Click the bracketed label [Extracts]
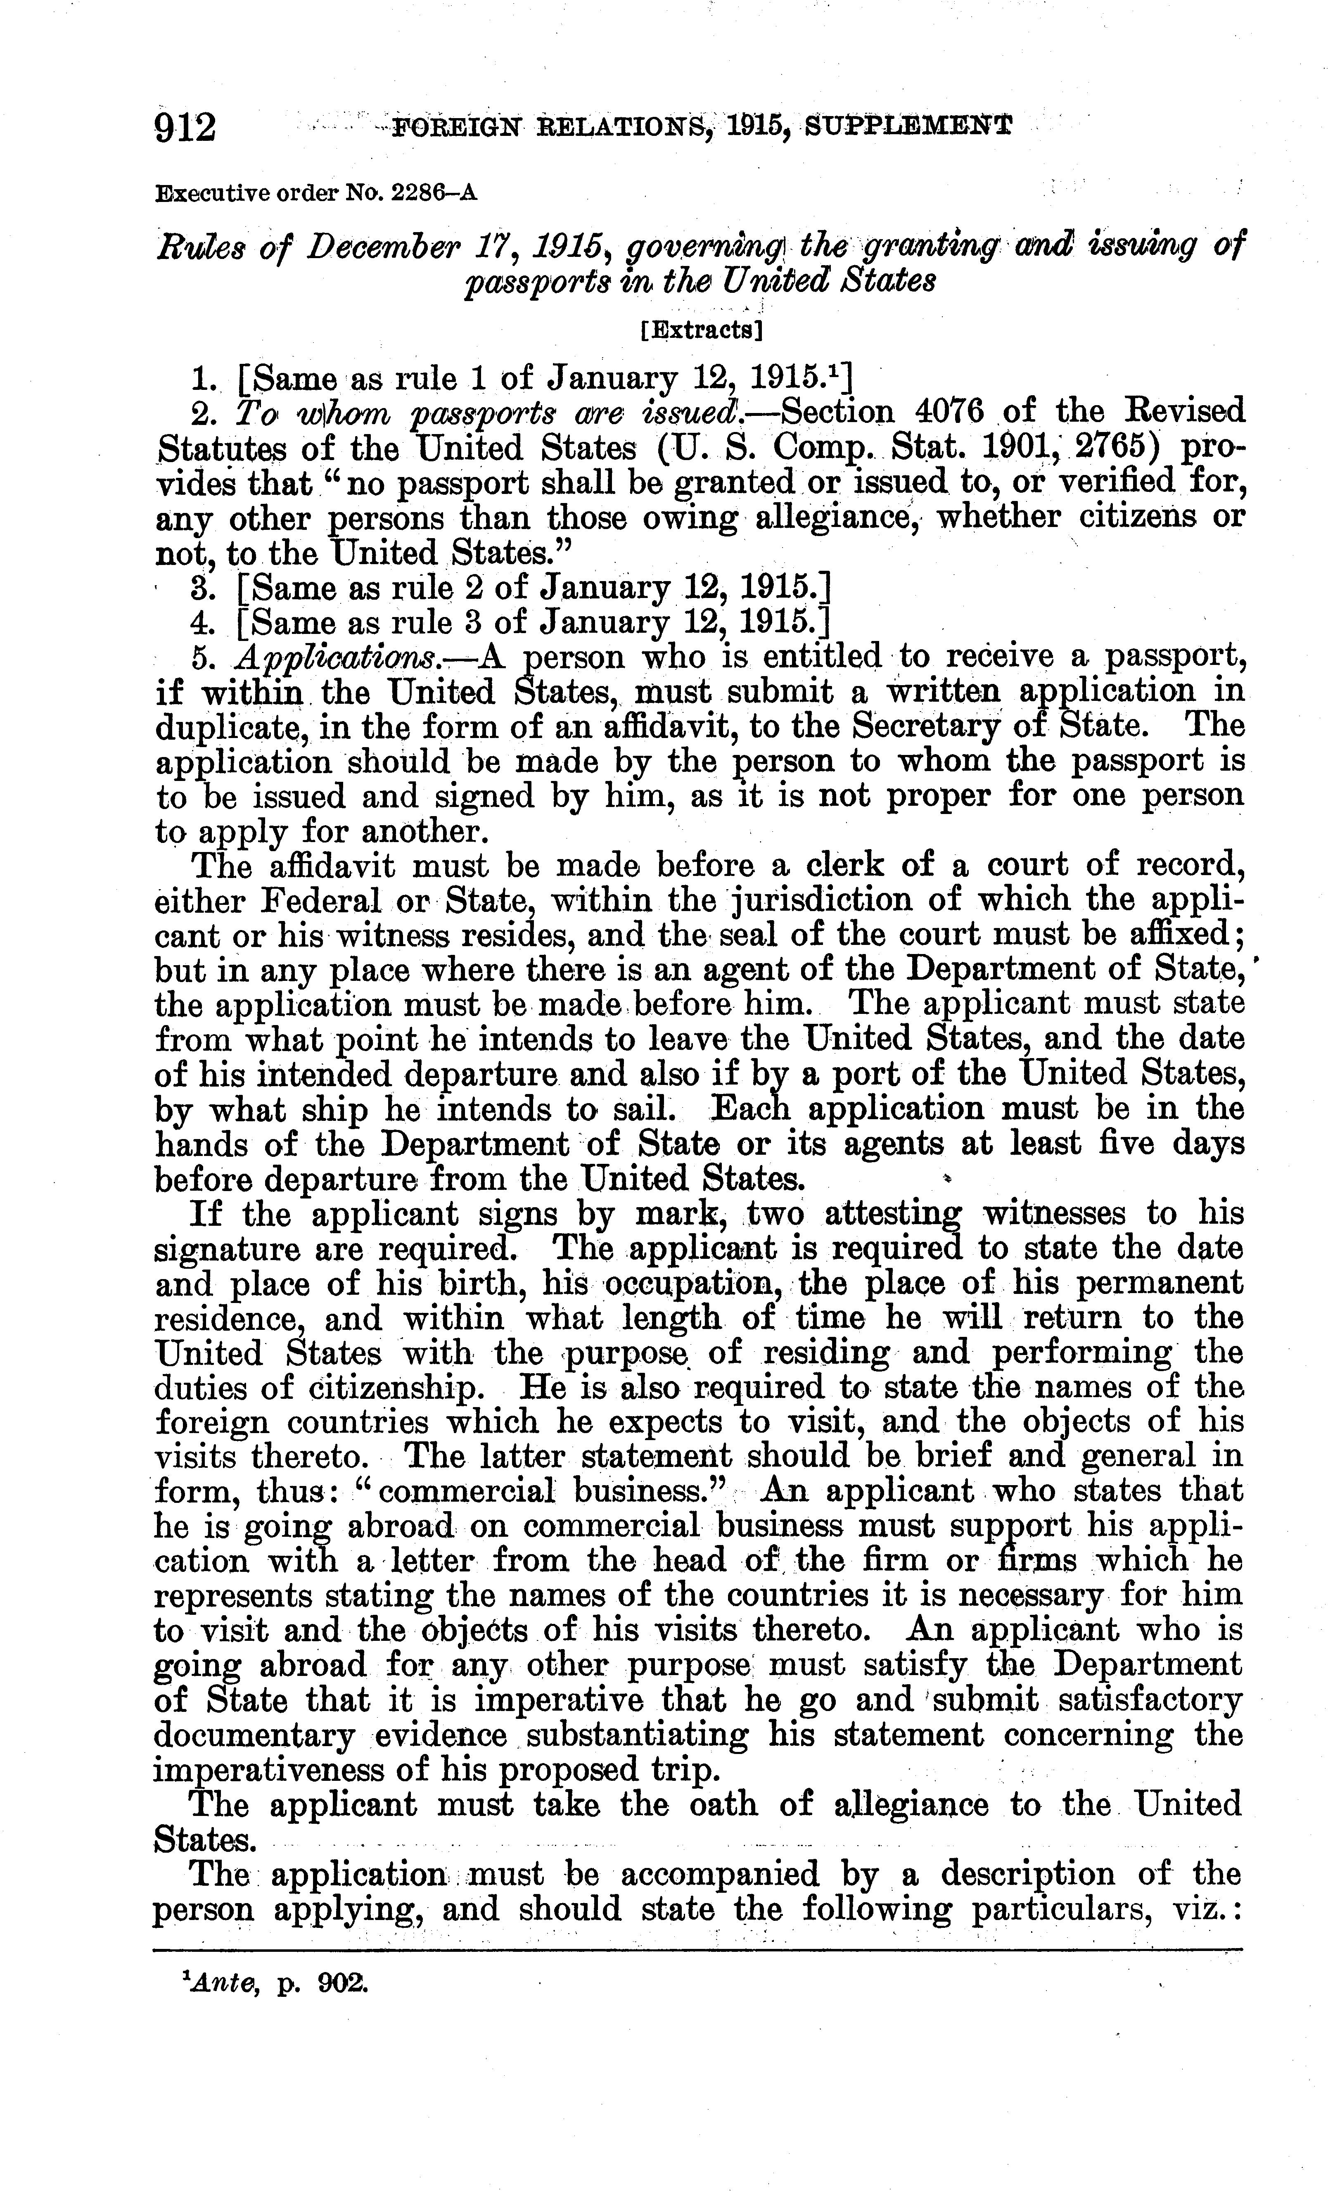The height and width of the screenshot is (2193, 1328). (x=702, y=331)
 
